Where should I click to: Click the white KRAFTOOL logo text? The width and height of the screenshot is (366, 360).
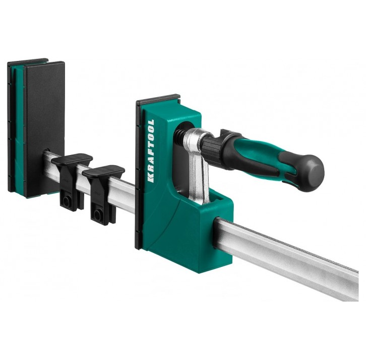(x=151, y=151)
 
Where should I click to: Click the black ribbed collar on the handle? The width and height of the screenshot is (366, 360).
(x=212, y=147)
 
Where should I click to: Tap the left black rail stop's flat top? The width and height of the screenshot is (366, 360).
(x=72, y=159)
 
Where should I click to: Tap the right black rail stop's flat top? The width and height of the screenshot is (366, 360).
(x=103, y=171)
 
